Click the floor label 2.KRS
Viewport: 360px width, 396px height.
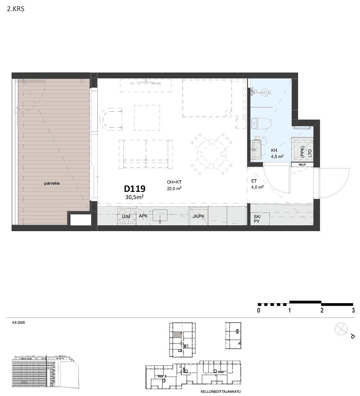point(16,9)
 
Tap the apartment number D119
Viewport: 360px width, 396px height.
point(135,189)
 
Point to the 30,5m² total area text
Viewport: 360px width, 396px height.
point(134,197)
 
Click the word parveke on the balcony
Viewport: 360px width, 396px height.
point(52,183)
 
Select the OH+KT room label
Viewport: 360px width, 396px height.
point(174,182)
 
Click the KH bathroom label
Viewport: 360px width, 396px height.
point(274,150)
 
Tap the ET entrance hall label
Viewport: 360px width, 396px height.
point(254,181)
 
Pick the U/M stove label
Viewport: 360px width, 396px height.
point(126,217)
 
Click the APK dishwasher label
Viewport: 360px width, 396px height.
point(143,216)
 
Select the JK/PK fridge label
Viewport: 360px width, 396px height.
point(199,216)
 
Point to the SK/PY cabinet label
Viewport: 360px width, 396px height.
point(257,219)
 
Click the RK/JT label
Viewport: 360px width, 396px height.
point(302,165)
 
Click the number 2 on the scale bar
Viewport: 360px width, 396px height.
point(322,310)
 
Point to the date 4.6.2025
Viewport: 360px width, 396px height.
point(18,323)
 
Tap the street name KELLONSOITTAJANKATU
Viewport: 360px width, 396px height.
point(221,392)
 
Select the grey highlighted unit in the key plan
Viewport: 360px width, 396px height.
point(177,335)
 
